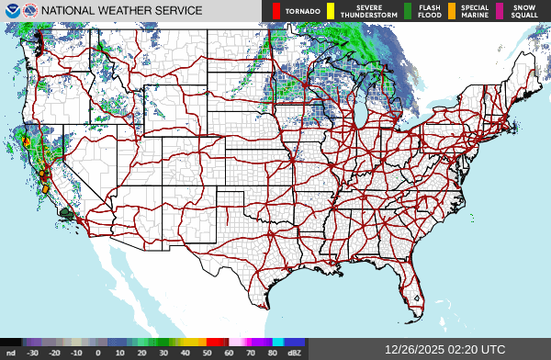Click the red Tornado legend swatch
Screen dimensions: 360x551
276,11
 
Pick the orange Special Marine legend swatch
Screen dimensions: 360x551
452,11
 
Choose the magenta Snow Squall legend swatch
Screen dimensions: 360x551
499,11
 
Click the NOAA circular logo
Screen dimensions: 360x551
11,11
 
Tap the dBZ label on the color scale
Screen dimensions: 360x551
295,352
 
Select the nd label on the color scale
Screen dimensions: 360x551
10,352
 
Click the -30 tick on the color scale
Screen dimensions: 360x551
32,352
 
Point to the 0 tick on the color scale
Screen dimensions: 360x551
97,352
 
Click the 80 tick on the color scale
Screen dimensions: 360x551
273,352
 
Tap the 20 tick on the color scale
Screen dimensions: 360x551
141,352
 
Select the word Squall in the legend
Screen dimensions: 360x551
524,15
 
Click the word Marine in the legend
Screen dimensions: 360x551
475,15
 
